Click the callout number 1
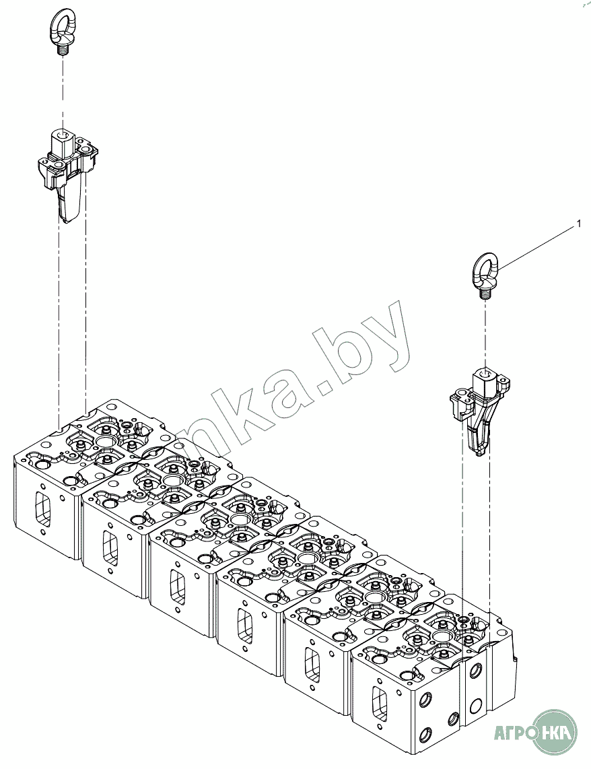[578, 224]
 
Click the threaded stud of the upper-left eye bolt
[64, 49]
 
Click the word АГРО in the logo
[514, 731]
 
